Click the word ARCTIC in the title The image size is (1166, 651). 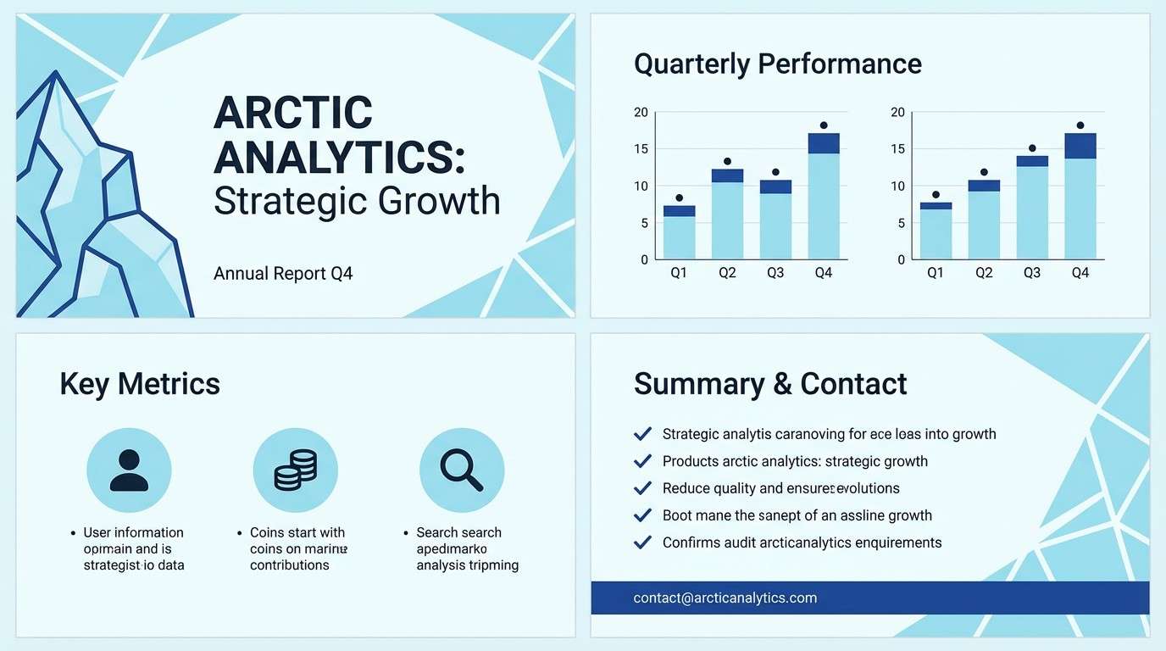(x=293, y=113)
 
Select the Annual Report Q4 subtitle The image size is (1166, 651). (x=283, y=274)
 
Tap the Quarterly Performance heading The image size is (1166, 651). (x=777, y=64)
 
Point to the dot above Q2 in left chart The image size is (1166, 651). (x=727, y=161)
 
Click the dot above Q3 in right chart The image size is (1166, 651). (x=1032, y=148)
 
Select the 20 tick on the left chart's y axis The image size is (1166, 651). (x=641, y=113)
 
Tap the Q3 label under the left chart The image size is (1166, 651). (x=775, y=273)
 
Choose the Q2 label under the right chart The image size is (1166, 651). (x=984, y=273)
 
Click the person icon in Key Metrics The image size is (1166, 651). (x=129, y=470)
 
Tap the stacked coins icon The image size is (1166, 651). (x=295, y=470)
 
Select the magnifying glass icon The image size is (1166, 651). (x=461, y=470)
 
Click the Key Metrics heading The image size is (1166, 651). (x=140, y=384)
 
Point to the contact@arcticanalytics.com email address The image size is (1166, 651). (x=725, y=598)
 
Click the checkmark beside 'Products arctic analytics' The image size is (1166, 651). (x=643, y=461)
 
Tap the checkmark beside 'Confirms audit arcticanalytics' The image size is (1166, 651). (x=643, y=542)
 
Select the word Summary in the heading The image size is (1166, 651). (x=698, y=384)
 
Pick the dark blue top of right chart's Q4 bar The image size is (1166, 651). (x=1080, y=146)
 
